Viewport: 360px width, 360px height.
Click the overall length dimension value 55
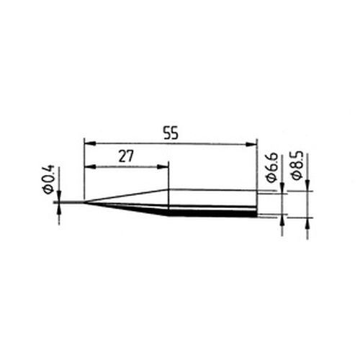click(x=171, y=133)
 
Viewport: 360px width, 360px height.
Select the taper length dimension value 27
click(x=126, y=156)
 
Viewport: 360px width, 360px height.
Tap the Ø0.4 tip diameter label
click(x=49, y=179)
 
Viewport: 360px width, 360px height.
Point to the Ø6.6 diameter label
click(x=271, y=167)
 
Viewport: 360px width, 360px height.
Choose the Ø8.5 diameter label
click(x=297, y=165)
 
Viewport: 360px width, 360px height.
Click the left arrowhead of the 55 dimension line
click(x=90, y=143)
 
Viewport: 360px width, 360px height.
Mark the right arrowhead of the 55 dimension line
click(x=251, y=144)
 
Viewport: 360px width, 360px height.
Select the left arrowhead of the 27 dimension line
click(x=90, y=166)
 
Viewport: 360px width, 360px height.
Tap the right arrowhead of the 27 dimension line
click(x=163, y=167)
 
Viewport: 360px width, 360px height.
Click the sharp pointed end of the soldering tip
click(x=84, y=202)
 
